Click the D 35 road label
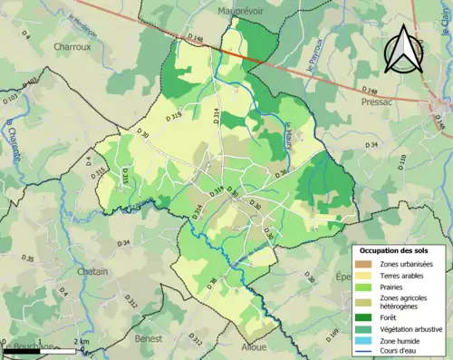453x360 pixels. click(x=26, y=259)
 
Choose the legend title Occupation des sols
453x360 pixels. click(x=396, y=249)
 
